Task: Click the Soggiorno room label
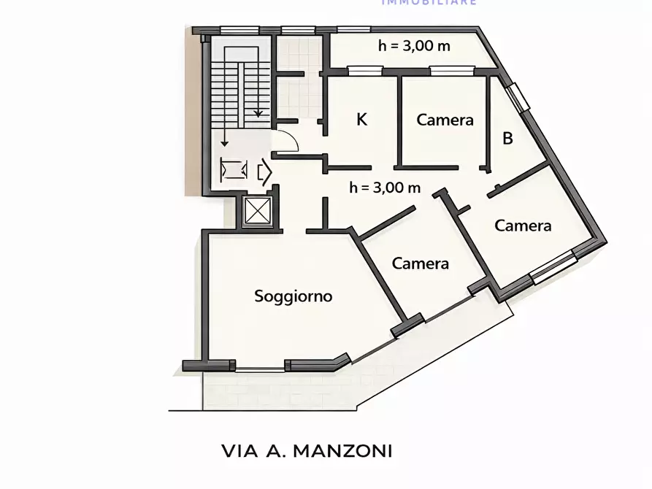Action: tap(293, 296)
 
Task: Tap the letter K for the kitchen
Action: tap(361, 120)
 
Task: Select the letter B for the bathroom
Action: tap(508, 138)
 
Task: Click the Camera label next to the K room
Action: tap(445, 120)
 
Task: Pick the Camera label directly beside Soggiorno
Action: tap(420, 263)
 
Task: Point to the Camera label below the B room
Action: tap(523, 226)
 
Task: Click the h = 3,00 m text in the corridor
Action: tap(385, 187)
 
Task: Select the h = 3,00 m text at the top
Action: tap(413, 46)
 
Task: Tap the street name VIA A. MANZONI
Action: tap(307, 451)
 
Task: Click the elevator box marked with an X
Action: tap(258, 212)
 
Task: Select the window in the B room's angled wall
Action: tap(518, 97)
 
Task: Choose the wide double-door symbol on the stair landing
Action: tap(235, 171)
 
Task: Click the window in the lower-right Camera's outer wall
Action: tap(552, 267)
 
